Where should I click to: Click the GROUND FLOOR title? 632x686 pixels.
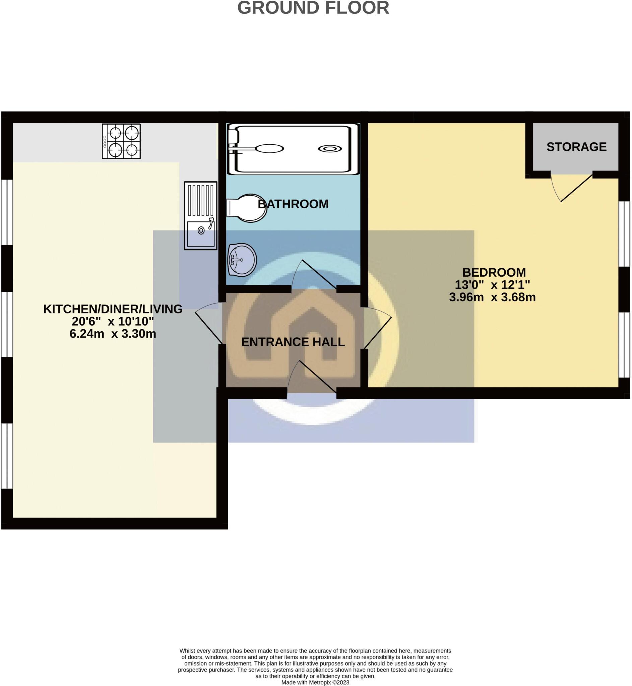click(313, 7)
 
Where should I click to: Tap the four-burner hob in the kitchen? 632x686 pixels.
click(121, 141)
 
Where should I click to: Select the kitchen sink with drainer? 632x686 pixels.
click(201, 215)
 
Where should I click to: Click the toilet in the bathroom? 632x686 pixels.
click(247, 208)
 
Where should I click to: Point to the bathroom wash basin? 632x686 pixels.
click(242, 260)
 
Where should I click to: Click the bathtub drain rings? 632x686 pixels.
click(329, 149)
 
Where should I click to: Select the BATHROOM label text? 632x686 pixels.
click(293, 204)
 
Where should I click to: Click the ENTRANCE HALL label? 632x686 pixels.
click(293, 342)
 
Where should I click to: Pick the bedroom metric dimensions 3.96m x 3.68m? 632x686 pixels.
click(492, 297)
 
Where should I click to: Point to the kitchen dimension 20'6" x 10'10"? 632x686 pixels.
click(113, 321)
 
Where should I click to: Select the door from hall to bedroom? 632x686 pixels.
click(377, 327)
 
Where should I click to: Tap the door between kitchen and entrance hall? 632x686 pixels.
click(209, 323)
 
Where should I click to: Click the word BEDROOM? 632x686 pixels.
click(494, 272)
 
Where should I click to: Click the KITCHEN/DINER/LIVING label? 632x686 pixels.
click(113, 309)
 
